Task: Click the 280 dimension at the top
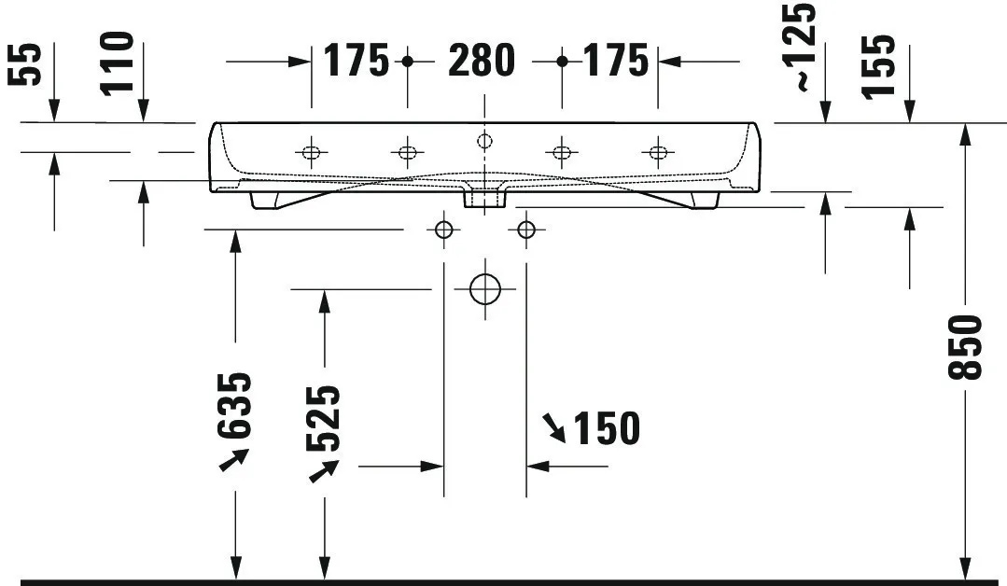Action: tap(481, 61)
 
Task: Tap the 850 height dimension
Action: tap(965, 347)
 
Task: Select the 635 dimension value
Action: tap(234, 406)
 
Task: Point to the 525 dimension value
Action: tap(323, 418)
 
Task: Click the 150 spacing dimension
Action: tap(607, 428)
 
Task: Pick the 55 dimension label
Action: tap(24, 64)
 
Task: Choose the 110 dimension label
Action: tap(117, 63)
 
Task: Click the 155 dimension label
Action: tap(878, 67)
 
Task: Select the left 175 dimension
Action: tap(356, 61)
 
